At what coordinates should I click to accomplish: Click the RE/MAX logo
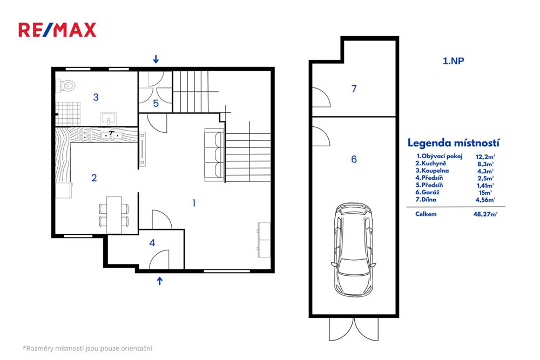[x=57, y=30]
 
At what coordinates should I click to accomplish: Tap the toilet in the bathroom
[x=67, y=85]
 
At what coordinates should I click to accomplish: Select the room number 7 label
[x=354, y=89]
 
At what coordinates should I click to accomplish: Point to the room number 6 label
[x=354, y=159]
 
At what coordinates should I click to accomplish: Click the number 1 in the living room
[x=194, y=203]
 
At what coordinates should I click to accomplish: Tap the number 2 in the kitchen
[x=94, y=178]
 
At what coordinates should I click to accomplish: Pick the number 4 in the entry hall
[x=152, y=243]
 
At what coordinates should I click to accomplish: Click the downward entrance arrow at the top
[x=156, y=59]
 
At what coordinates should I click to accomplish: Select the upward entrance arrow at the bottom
[x=160, y=280]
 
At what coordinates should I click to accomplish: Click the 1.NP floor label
[x=454, y=61]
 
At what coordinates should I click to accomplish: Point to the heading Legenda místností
[x=453, y=143]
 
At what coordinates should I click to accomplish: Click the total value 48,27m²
[x=485, y=214]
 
